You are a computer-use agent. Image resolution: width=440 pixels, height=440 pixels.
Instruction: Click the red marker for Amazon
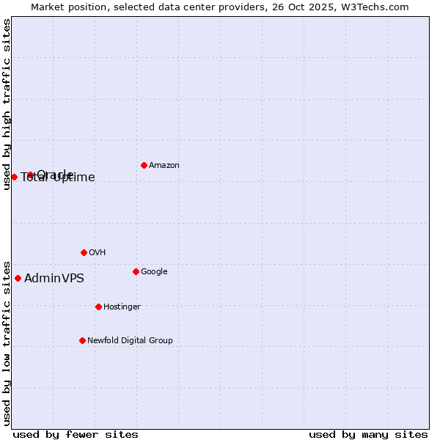pos(144,165)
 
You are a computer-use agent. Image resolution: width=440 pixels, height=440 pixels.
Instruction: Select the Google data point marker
pos(136,271)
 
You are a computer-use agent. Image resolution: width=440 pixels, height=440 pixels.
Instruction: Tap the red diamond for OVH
pos(84,252)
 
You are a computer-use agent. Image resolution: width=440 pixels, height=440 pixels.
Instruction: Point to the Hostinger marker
pos(98,307)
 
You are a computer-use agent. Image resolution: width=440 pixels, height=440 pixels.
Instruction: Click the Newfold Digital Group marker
pos(82,340)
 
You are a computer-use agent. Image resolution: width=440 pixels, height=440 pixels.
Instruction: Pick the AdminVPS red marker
pos(18,278)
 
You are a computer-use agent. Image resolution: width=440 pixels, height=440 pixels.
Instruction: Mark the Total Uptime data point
pos(14,177)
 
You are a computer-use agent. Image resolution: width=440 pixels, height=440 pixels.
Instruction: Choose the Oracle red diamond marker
pos(31,175)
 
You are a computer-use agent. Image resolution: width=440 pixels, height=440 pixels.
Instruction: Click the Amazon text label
pos(164,166)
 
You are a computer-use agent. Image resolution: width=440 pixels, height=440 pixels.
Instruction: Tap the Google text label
pos(154,272)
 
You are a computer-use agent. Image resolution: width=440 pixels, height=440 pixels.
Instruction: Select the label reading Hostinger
pos(122,307)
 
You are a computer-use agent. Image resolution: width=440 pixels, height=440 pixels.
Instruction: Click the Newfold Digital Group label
pos(130,341)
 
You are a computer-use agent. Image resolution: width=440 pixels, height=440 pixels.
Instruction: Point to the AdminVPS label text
pos(54,279)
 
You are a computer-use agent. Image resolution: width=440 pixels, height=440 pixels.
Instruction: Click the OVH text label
pos(98,253)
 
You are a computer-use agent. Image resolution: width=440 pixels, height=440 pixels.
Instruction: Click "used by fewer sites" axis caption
pos(76,434)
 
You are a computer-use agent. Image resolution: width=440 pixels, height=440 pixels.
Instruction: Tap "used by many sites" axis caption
pos(368,434)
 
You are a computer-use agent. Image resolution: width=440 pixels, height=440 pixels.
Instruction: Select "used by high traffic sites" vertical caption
pos(7,104)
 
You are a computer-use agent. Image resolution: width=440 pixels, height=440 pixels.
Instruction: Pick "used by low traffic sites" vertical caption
pos(7,343)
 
